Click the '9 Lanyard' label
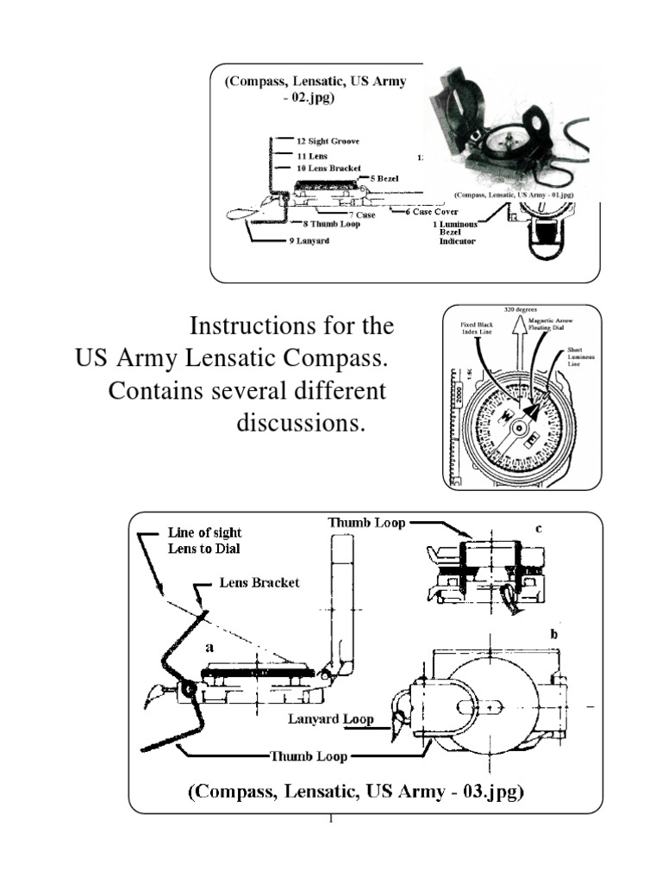[x=309, y=241]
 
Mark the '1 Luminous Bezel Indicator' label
[x=454, y=232]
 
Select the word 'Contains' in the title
[x=160, y=391]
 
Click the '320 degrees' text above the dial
[x=518, y=309]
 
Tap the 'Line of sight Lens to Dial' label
[x=203, y=541]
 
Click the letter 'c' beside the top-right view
[x=539, y=529]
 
